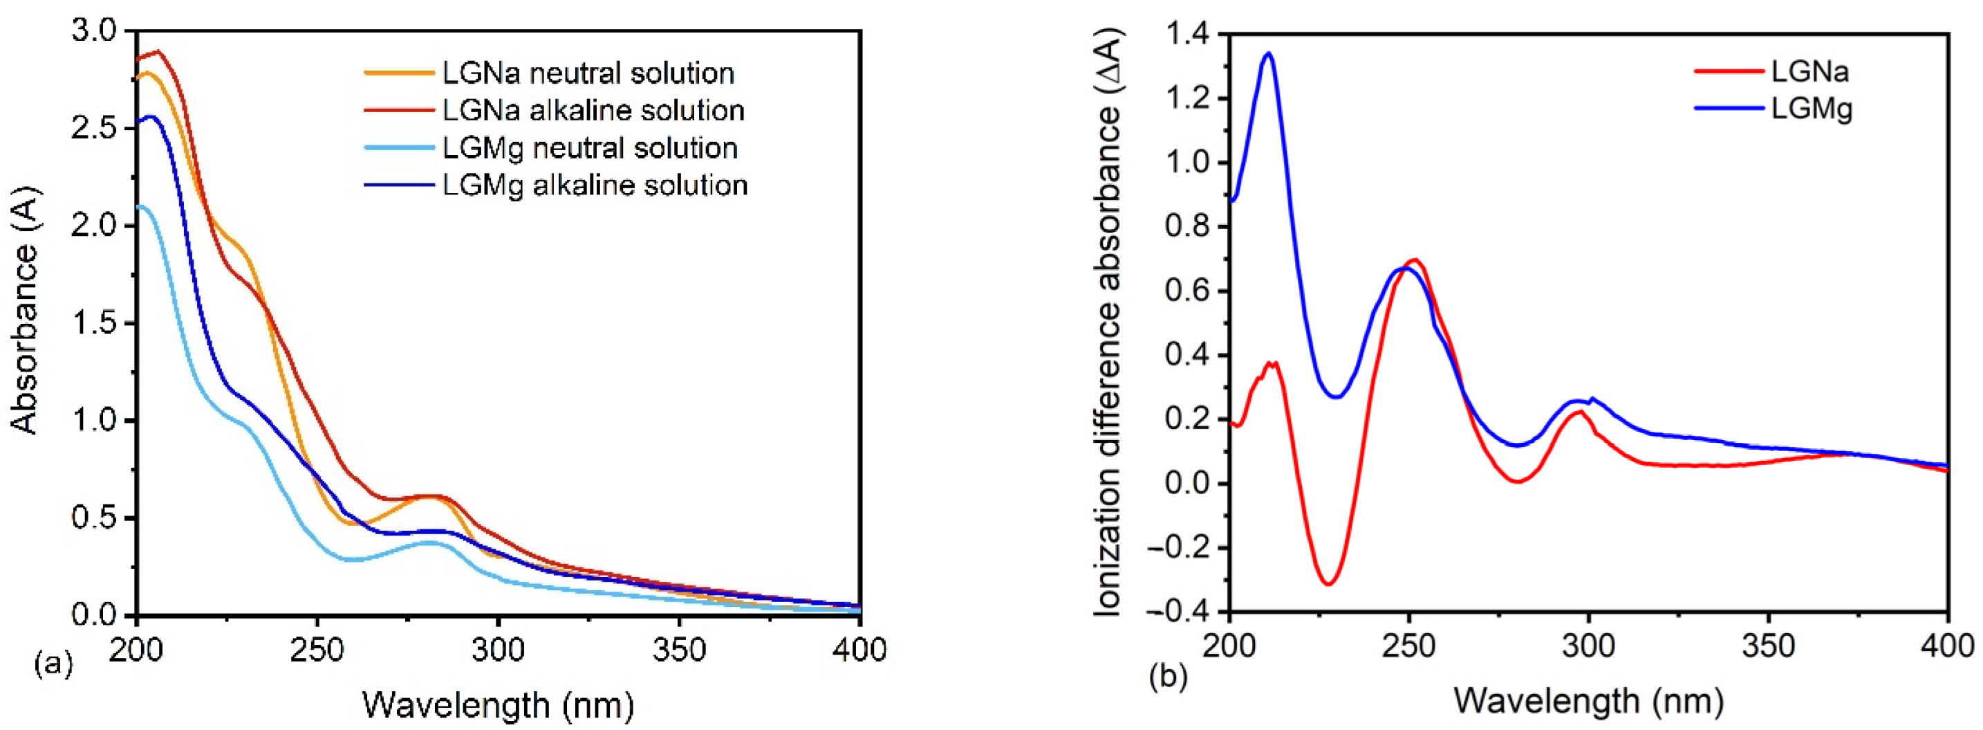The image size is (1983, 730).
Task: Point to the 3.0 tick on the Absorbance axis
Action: (x=96, y=32)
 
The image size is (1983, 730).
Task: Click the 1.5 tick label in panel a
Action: (x=96, y=322)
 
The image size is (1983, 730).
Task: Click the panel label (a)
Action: (x=54, y=662)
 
